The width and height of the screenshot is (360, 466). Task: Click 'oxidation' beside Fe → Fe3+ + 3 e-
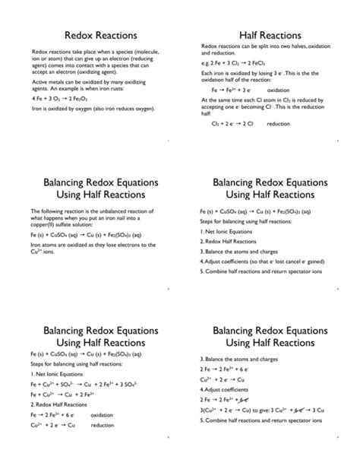(x=279, y=90)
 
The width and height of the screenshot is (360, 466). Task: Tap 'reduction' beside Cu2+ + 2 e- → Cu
(x=103, y=425)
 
